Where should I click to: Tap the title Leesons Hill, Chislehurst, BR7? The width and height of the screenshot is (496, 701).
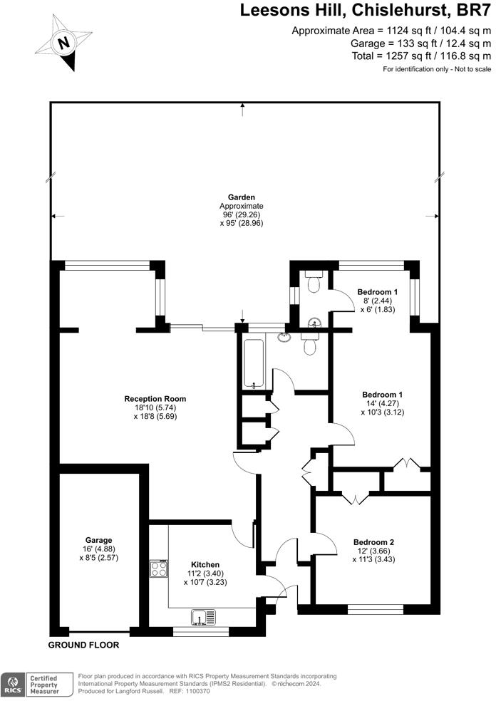click(365, 10)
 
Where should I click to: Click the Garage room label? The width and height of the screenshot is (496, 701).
click(98, 540)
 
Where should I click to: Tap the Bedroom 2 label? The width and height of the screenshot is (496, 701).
click(376, 542)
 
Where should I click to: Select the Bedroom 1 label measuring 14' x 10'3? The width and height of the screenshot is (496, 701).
click(382, 395)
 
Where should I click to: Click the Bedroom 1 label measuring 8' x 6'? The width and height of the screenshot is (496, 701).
click(377, 292)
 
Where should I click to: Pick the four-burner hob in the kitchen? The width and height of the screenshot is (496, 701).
click(158, 568)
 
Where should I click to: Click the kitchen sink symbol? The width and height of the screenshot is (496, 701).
click(202, 616)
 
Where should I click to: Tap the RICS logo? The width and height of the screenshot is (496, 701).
click(12, 684)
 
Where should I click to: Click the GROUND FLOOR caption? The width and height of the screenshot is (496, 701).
click(83, 645)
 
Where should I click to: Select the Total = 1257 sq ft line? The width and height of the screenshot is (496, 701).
click(421, 56)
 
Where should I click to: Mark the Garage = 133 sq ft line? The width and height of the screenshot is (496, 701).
click(422, 43)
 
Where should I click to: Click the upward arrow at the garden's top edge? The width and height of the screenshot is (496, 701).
click(243, 107)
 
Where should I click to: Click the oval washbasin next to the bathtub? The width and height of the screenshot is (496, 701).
click(285, 337)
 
